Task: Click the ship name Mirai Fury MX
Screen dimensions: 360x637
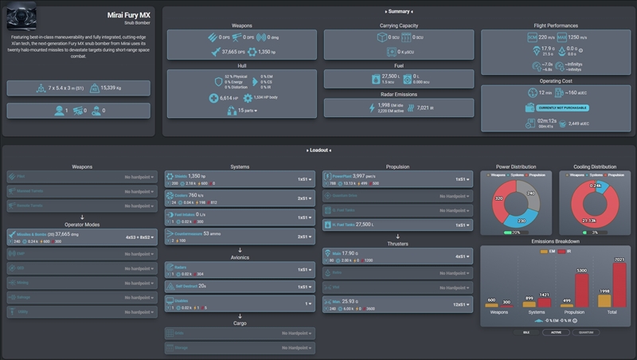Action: (x=130, y=15)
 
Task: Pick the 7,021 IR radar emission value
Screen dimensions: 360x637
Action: (x=424, y=108)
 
